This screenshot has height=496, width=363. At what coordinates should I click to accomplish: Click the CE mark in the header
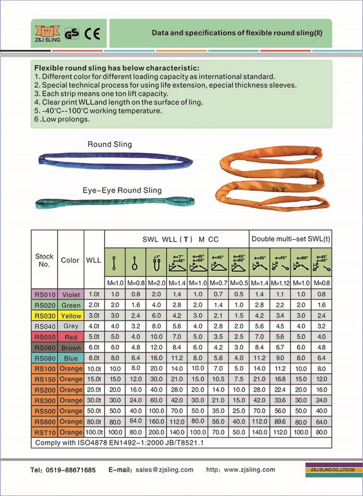pyautogui.click(x=95, y=33)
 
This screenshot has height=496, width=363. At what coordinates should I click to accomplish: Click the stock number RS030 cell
pyautogui.click(x=44, y=316)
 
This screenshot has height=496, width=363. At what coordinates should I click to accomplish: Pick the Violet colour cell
pyautogui.click(x=71, y=294)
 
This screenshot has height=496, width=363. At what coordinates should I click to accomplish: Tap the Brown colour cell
pyautogui.click(x=71, y=347)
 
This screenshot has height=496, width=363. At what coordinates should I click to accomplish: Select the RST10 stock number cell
pyautogui.click(x=44, y=432)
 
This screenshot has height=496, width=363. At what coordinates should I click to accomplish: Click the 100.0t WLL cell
pyautogui.click(x=94, y=432)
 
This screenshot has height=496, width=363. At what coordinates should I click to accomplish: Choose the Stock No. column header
pyautogui.click(x=44, y=260)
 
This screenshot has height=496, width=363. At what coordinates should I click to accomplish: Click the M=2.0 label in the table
pyautogui.click(x=156, y=284)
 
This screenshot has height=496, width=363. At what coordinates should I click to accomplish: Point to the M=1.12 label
pyautogui.click(x=280, y=284)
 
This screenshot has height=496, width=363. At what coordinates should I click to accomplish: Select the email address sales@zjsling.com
pyautogui.click(x=164, y=470)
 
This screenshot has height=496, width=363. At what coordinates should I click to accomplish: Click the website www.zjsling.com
pyautogui.click(x=250, y=470)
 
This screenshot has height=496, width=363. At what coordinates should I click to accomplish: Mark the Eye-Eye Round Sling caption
pyautogui.click(x=122, y=190)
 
